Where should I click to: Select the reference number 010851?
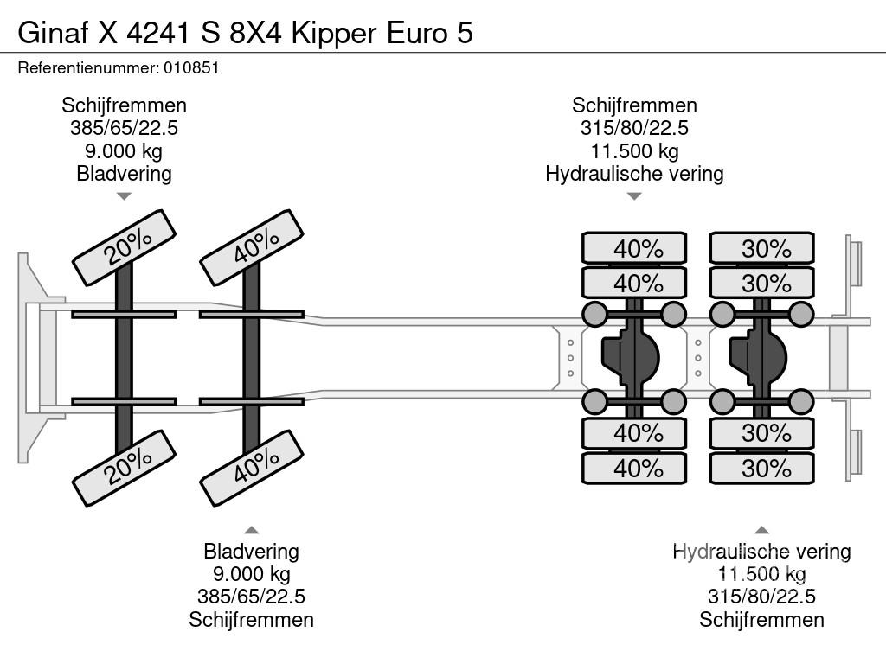coord(189,67)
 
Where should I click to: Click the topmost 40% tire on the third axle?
coord(634,248)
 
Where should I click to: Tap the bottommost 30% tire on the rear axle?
coord(762,469)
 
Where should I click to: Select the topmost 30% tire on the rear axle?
coord(762,248)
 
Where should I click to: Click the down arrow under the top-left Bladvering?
coord(124,196)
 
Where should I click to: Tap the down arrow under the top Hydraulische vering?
coord(634,196)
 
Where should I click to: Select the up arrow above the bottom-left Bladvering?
coord(251,530)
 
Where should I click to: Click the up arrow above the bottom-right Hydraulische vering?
coord(761,530)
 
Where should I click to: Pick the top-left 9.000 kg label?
coord(124,150)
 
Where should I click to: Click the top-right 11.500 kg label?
coord(634,150)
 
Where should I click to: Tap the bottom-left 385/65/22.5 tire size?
coord(251,597)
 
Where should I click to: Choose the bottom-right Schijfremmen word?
coord(761,619)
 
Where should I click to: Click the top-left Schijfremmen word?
coord(124,105)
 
